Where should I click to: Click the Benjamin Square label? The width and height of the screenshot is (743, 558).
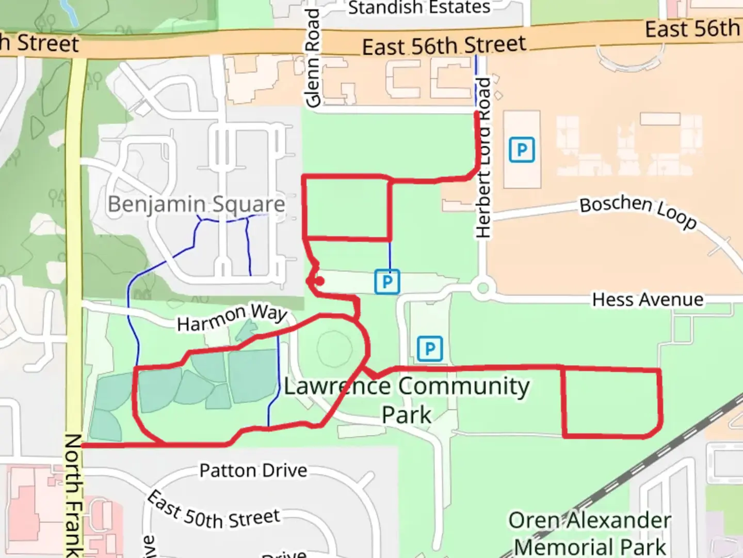[196, 205]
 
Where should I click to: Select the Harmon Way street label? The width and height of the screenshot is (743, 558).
[232, 317]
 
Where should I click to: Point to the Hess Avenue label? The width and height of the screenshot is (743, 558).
[648, 300]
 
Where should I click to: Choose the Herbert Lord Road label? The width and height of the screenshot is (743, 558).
[483, 158]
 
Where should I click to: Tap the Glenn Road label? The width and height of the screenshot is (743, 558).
[313, 58]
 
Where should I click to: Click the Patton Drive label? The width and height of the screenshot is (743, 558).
[253, 471]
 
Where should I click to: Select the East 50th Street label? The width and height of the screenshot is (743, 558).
[214, 512]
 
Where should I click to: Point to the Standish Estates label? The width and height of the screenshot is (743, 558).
[419, 8]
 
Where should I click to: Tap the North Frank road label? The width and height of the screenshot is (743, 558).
[73, 495]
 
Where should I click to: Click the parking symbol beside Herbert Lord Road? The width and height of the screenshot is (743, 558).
[522, 150]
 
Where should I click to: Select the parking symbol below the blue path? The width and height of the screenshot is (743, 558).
[387, 282]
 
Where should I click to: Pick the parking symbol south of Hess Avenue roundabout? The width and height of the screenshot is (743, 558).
[430, 349]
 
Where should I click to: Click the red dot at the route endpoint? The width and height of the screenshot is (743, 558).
[319, 281]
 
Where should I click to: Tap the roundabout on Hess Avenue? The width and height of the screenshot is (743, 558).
[482, 288]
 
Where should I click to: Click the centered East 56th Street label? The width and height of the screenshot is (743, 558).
[444, 46]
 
